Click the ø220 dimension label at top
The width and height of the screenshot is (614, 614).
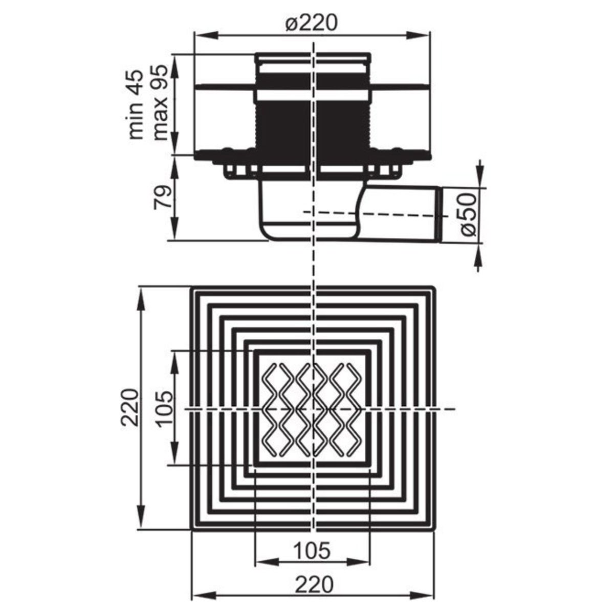pyautogui.click(x=311, y=23)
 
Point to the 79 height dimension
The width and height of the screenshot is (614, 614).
pyautogui.click(x=163, y=198)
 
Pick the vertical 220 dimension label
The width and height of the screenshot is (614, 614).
pyautogui.click(x=130, y=407)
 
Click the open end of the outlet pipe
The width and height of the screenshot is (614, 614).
pyautogui.click(x=440, y=215)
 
